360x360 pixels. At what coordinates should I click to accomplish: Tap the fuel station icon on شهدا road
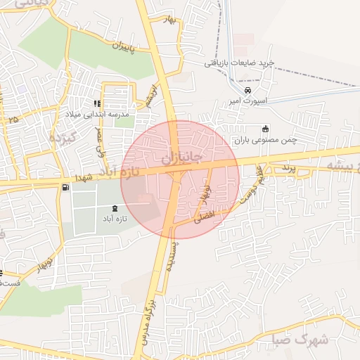(x=65, y=187)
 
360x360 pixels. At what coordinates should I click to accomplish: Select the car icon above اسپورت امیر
(x=247, y=91)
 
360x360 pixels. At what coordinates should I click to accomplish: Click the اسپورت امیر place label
(x=247, y=101)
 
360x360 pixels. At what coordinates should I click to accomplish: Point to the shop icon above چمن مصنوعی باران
(x=265, y=129)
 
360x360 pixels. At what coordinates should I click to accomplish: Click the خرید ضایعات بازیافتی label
(x=237, y=63)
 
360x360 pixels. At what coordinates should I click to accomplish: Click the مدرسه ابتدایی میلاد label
(x=105, y=113)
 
